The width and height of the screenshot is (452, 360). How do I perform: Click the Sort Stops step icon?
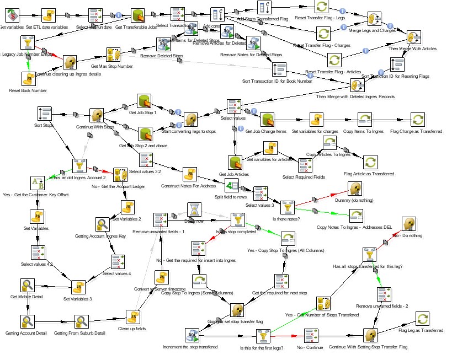pos(45,114)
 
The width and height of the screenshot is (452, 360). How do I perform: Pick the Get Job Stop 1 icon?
pos(145,101)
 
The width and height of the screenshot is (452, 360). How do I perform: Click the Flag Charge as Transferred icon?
pos(417,120)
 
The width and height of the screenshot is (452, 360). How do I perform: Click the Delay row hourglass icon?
pos(194,209)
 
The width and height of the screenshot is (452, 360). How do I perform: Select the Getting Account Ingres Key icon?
pos(103,224)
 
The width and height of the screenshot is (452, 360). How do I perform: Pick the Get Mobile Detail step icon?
pos(28,285)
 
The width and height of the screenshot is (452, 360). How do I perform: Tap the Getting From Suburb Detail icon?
pos(82,321)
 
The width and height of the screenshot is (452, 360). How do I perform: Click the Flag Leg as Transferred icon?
pos(422,319)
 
